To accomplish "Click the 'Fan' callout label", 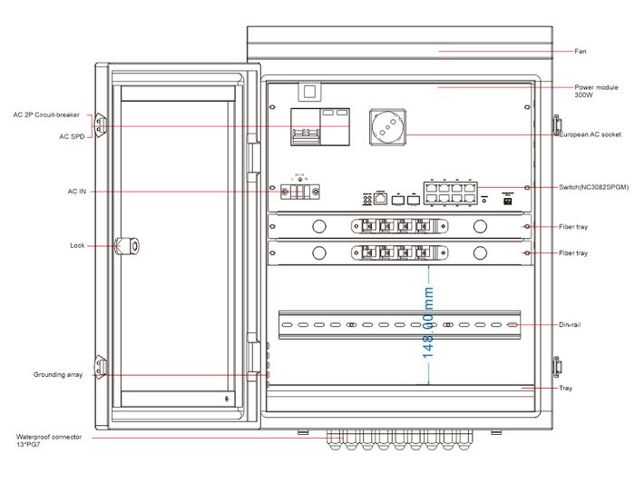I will (x=581, y=51).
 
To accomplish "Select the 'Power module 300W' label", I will (x=596, y=90).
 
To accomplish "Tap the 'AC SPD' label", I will (x=73, y=136).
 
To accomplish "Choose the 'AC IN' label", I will (x=78, y=192).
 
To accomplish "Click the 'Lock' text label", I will (x=77, y=245).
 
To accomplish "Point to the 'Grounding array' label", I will (x=58, y=375).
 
